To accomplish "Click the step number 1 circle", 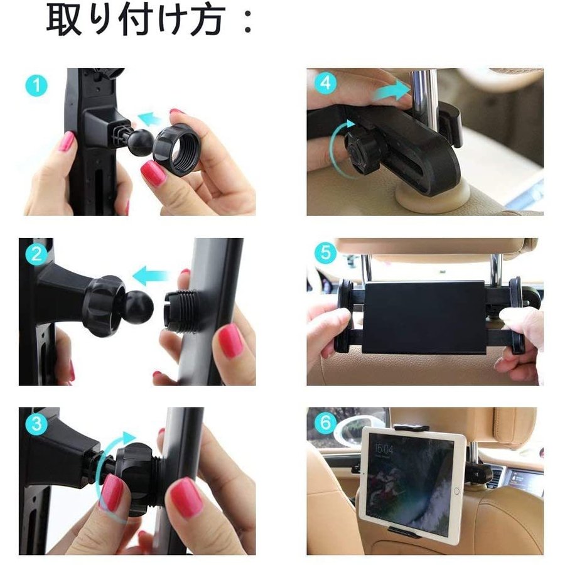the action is point(36,85).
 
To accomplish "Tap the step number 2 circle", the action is point(36,254).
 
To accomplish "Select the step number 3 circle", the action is point(37,423).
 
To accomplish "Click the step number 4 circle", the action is point(325,83).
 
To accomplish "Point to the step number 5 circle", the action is point(325,252).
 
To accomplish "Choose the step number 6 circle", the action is point(325,422).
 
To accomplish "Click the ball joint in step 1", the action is point(140,142).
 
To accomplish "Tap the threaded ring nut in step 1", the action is point(176,148).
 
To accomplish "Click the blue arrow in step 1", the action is point(149,118).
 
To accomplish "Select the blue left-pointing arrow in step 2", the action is point(151,276).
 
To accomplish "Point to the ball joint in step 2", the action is point(139,306).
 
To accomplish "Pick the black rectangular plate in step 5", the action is point(424,317).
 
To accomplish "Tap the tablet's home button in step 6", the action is point(456,491).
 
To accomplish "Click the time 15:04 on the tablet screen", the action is point(384,449).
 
